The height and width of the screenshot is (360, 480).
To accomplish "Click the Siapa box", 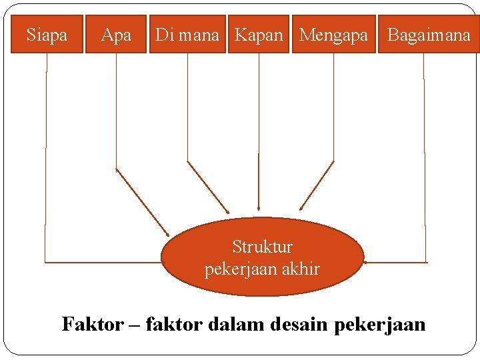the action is coord(47,34).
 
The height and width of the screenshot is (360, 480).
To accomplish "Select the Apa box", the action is coord(116,34).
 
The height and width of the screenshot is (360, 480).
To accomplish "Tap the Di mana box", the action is coord(187,34).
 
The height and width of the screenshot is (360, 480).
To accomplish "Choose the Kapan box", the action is coord(259,34).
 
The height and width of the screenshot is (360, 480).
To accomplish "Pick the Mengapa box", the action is coord(333,34).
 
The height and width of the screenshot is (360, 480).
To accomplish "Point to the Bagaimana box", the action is coord(428,34).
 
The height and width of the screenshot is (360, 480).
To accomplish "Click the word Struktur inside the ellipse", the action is coord(262,247).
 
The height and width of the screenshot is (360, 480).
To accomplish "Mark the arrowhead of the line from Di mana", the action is coord(227,212).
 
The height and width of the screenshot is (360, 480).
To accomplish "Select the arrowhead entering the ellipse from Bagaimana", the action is coord(367,262).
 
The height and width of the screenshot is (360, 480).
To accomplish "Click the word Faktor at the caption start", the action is coord(93,325).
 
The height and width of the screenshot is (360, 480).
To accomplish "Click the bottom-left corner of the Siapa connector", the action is coord(45,261).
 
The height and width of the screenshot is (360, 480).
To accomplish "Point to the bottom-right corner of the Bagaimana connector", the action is coord(425,261).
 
